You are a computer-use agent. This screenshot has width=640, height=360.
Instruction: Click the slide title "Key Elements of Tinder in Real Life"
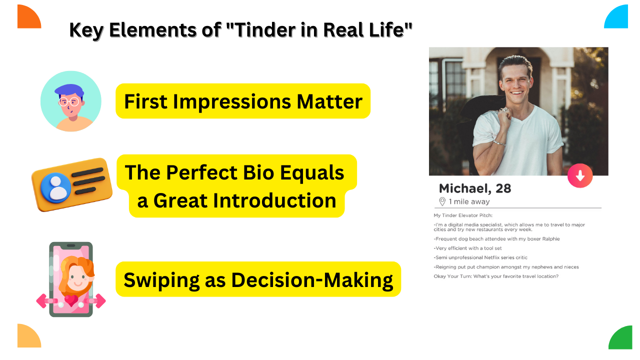(x=240, y=30)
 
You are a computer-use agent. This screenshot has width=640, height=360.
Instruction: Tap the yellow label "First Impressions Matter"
(x=243, y=101)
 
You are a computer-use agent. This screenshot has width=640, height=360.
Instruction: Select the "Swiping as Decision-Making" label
(x=258, y=279)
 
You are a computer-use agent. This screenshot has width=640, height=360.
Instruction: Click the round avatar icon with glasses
(x=70, y=101)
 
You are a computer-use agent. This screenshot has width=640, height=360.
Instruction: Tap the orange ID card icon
(x=71, y=184)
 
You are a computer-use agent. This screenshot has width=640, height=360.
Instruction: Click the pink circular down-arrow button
(x=580, y=175)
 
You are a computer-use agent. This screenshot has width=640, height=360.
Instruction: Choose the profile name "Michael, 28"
(x=474, y=188)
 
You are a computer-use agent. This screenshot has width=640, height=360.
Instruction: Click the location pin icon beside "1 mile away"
(x=442, y=201)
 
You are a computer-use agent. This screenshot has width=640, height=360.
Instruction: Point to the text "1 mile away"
(x=469, y=202)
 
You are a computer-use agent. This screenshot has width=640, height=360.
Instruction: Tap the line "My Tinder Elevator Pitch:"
(x=463, y=215)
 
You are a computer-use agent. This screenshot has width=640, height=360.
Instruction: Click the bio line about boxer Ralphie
(x=496, y=238)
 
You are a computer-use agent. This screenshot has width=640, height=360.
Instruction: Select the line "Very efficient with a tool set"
(x=467, y=248)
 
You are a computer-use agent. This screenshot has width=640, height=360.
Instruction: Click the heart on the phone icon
(x=71, y=301)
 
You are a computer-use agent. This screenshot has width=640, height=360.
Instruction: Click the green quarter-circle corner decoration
(x=622, y=339)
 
